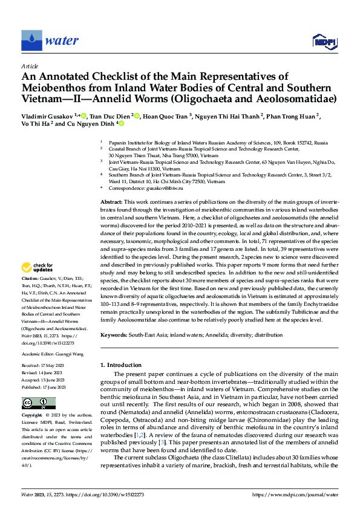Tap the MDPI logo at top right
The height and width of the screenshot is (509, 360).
(324, 41)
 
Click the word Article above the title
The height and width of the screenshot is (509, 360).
(29, 65)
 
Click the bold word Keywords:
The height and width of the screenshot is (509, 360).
(113, 334)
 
